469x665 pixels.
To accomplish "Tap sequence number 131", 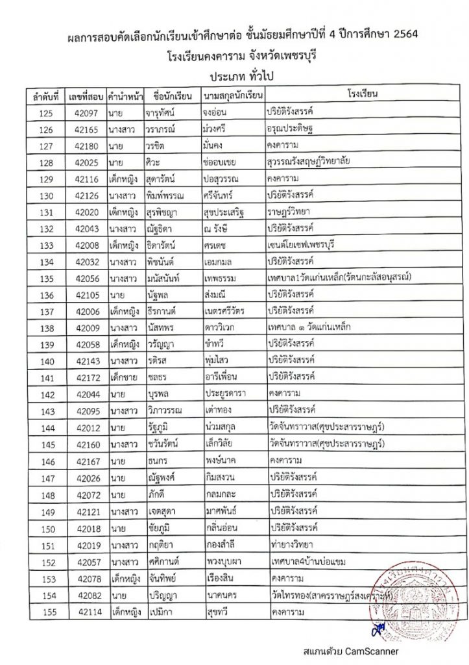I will coord(46,212).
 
